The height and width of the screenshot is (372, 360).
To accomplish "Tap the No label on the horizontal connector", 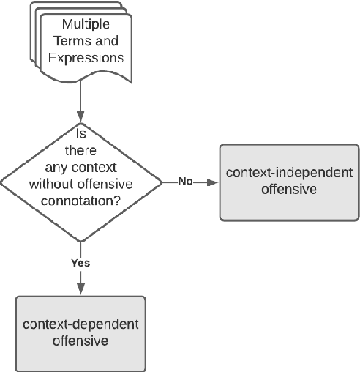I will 186,181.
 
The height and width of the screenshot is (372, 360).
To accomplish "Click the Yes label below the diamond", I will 81,261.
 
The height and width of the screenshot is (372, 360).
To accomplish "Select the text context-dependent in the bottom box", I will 81,325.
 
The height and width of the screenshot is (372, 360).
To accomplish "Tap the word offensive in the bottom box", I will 81,341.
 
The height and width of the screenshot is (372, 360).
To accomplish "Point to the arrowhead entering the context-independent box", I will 214,182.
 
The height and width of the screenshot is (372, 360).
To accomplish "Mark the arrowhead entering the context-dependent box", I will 81,291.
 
